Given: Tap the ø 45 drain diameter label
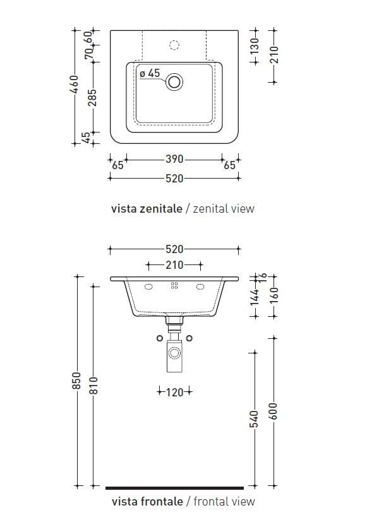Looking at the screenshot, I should pos(150,74).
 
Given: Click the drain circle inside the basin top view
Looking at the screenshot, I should pos(174,81).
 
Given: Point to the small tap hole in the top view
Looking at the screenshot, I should pos(175,45).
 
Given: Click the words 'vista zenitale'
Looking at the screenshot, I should pos(147,208).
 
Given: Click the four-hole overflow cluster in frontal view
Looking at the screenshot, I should pos(174,286).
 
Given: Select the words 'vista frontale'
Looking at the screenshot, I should pos(147,502).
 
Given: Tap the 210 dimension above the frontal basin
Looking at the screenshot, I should pos(174,265).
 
